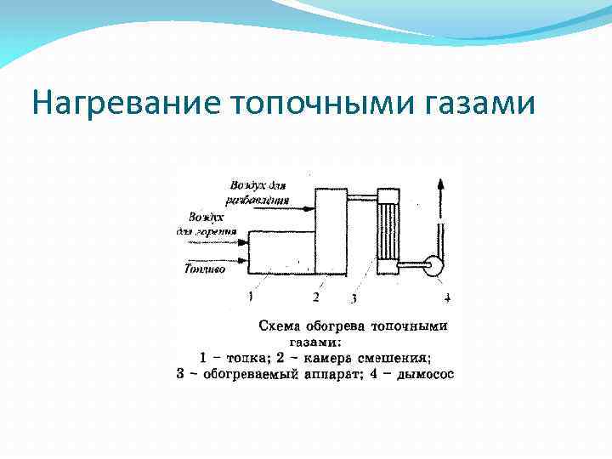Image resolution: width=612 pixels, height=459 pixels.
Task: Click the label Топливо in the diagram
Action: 205,269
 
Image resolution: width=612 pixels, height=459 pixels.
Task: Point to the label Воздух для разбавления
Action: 258,192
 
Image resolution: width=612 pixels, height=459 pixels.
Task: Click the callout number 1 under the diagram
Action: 250,297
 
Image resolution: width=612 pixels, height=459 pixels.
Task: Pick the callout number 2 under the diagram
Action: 315,297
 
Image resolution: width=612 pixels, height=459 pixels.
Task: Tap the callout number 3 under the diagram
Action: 353,298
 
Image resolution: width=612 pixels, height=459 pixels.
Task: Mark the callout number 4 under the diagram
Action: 447,297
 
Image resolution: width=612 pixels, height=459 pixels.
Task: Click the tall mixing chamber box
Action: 330,229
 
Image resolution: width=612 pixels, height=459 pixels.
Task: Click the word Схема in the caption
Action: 277,326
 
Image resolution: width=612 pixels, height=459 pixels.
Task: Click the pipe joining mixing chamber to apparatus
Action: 361,198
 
